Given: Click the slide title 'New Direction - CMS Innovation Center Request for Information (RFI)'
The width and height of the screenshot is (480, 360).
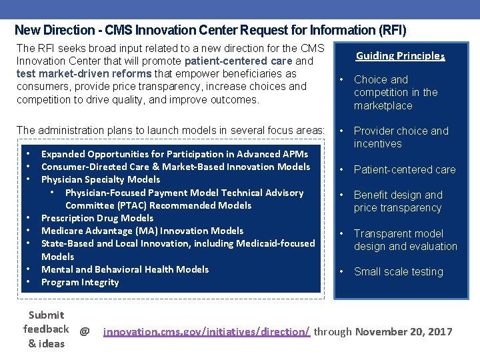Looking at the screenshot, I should click(x=210, y=30).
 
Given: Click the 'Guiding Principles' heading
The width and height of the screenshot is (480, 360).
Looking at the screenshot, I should click(x=400, y=56).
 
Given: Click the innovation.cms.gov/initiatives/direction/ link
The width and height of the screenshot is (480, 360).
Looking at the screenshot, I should click(x=207, y=331).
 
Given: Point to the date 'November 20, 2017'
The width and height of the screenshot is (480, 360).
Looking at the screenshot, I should click(x=404, y=331).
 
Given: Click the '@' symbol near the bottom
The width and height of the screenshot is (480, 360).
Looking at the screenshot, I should click(x=85, y=331).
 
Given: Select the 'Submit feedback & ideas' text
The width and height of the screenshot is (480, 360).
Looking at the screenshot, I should click(x=46, y=329).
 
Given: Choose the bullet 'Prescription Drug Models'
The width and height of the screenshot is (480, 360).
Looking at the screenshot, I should click(x=97, y=218).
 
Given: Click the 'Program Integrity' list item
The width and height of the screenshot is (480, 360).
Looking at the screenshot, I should click(x=80, y=282).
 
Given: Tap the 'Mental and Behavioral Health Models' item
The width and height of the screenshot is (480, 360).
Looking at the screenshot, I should click(x=125, y=269).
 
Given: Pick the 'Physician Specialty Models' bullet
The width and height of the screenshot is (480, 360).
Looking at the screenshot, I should click(x=101, y=179).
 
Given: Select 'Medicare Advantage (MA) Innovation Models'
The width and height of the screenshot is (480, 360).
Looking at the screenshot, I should click(x=142, y=231).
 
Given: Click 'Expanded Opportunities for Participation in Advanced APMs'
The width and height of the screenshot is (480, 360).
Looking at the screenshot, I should click(x=175, y=154).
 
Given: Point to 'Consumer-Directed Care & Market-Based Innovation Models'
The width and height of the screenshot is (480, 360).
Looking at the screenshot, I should click(x=175, y=167).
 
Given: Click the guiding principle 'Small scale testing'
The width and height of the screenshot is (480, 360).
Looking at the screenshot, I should click(x=398, y=272).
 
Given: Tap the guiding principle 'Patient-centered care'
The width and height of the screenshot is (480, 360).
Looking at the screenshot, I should click(x=405, y=169).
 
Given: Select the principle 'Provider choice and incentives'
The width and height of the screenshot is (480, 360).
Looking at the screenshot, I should click(x=401, y=137).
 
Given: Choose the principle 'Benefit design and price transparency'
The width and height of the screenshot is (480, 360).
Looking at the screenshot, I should click(x=398, y=201).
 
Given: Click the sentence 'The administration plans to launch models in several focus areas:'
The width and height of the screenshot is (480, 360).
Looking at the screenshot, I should click(x=170, y=130).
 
